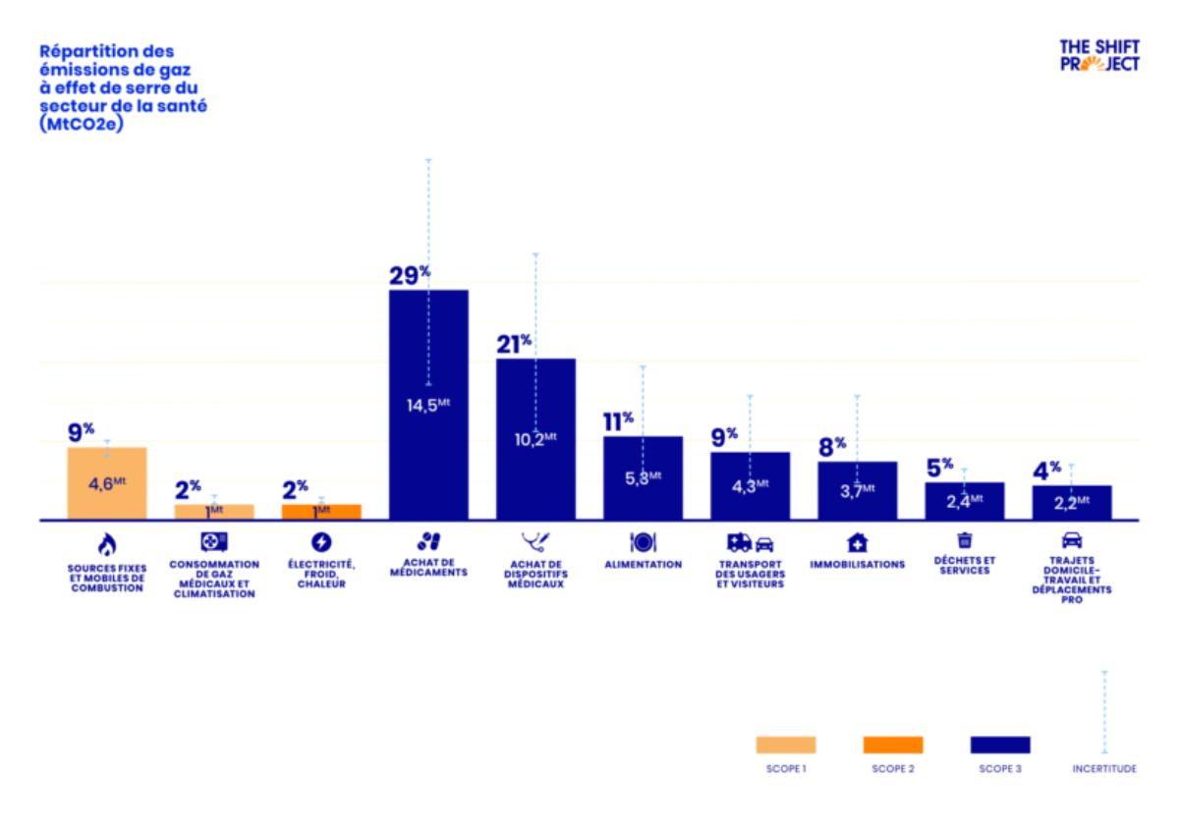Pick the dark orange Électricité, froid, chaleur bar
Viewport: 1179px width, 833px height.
[321, 512]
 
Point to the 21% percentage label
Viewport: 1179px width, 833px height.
[513, 343]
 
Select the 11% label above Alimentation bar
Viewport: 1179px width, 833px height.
[618, 421]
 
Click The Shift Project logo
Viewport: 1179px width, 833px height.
[1099, 54]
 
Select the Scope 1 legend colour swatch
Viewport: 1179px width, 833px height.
[785, 745]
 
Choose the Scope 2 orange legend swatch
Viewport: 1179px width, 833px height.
[892, 745]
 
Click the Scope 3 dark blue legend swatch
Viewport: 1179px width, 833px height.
[999, 745]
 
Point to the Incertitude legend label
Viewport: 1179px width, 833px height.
[1104, 769]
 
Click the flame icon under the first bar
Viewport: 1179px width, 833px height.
[106, 542]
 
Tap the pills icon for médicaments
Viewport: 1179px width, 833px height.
[428, 541]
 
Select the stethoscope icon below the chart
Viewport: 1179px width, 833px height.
[535, 541]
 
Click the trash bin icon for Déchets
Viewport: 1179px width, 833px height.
[964, 539]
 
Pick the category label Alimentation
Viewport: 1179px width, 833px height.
[643, 565]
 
